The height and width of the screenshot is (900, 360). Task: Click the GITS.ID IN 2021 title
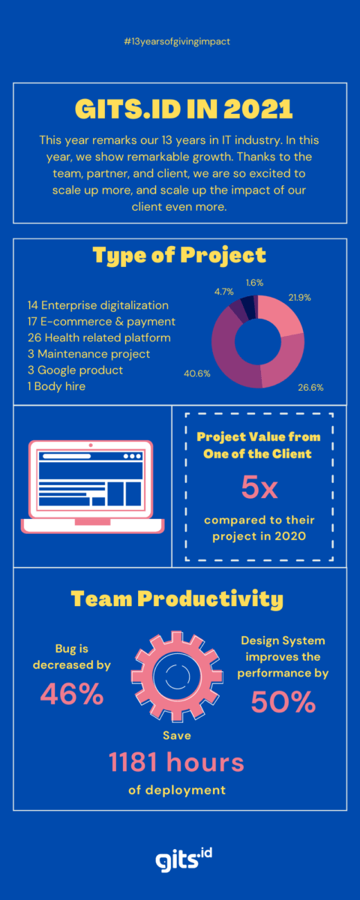pyautogui.click(x=179, y=109)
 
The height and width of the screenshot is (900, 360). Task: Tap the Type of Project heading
pyautogui.click(x=179, y=255)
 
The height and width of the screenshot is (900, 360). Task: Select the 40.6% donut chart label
pyautogui.click(x=196, y=372)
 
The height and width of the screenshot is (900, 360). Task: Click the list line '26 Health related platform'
pyautogui.click(x=99, y=337)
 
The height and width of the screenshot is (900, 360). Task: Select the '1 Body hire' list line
pyautogui.click(x=56, y=386)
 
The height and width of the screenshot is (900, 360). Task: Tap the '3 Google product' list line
pyautogui.click(x=75, y=370)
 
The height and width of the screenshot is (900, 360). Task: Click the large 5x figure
pyautogui.click(x=259, y=488)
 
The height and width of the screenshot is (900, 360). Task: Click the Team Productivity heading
pyautogui.click(x=177, y=599)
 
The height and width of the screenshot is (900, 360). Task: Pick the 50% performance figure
pyautogui.click(x=283, y=702)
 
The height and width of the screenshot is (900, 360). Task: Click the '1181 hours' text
pyautogui.click(x=177, y=763)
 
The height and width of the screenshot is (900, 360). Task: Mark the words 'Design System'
pyautogui.click(x=283, y=640)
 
